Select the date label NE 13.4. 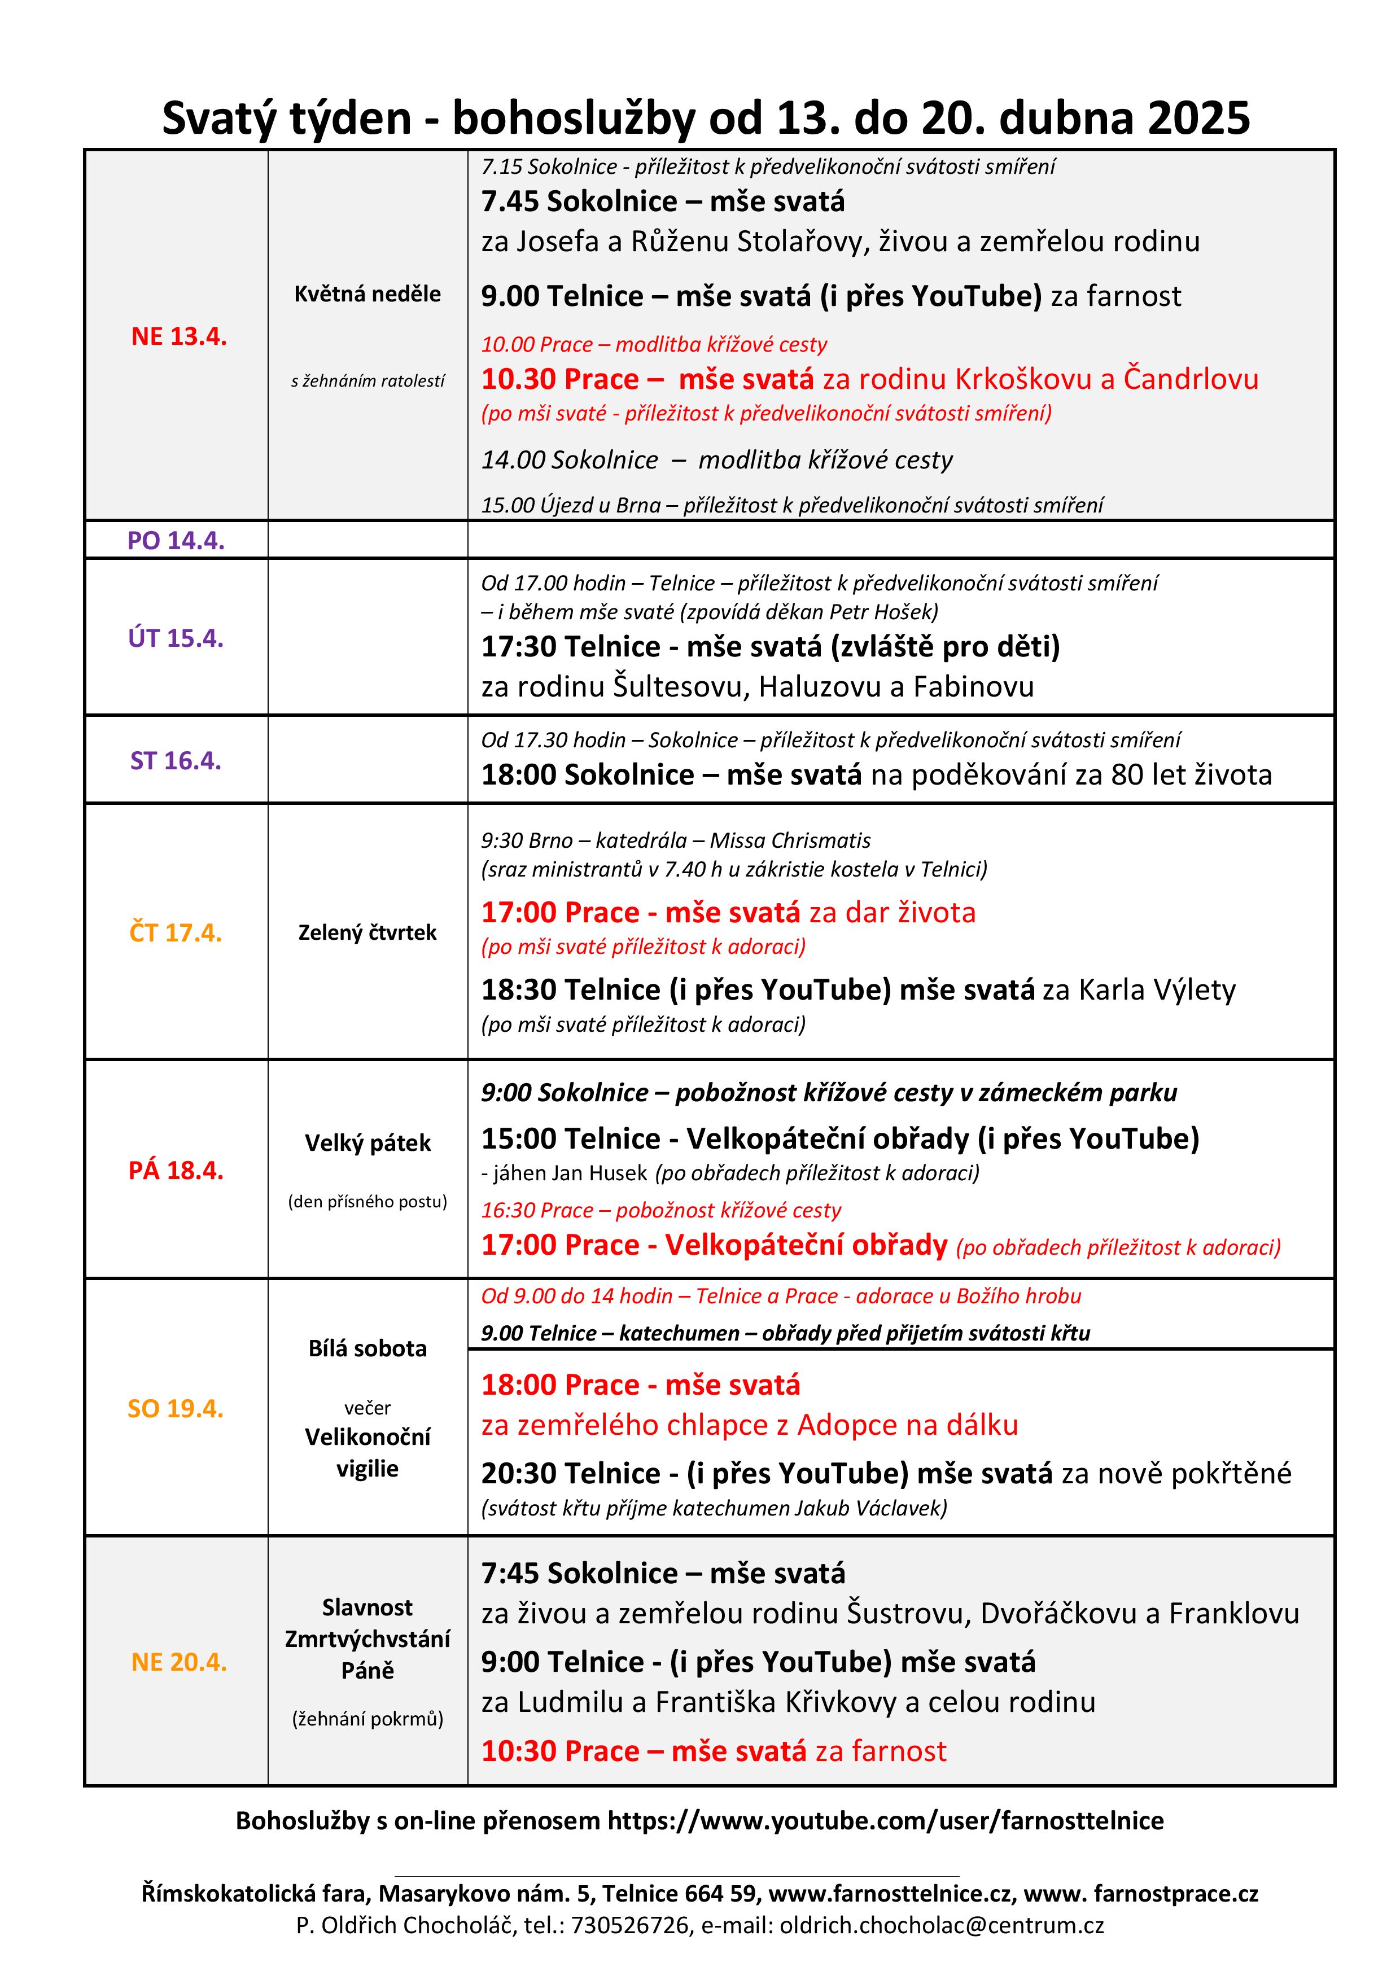(178, 336)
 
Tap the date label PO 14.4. (176, 541)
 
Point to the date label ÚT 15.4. (176, 638)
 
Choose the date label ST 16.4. (176, 761)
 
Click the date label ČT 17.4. (176, 933)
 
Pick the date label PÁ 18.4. (176, 1170)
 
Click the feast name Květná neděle (368, 294)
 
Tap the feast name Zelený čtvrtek (368, 932)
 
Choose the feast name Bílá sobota (368, 1348)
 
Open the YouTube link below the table (886, 1820)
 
